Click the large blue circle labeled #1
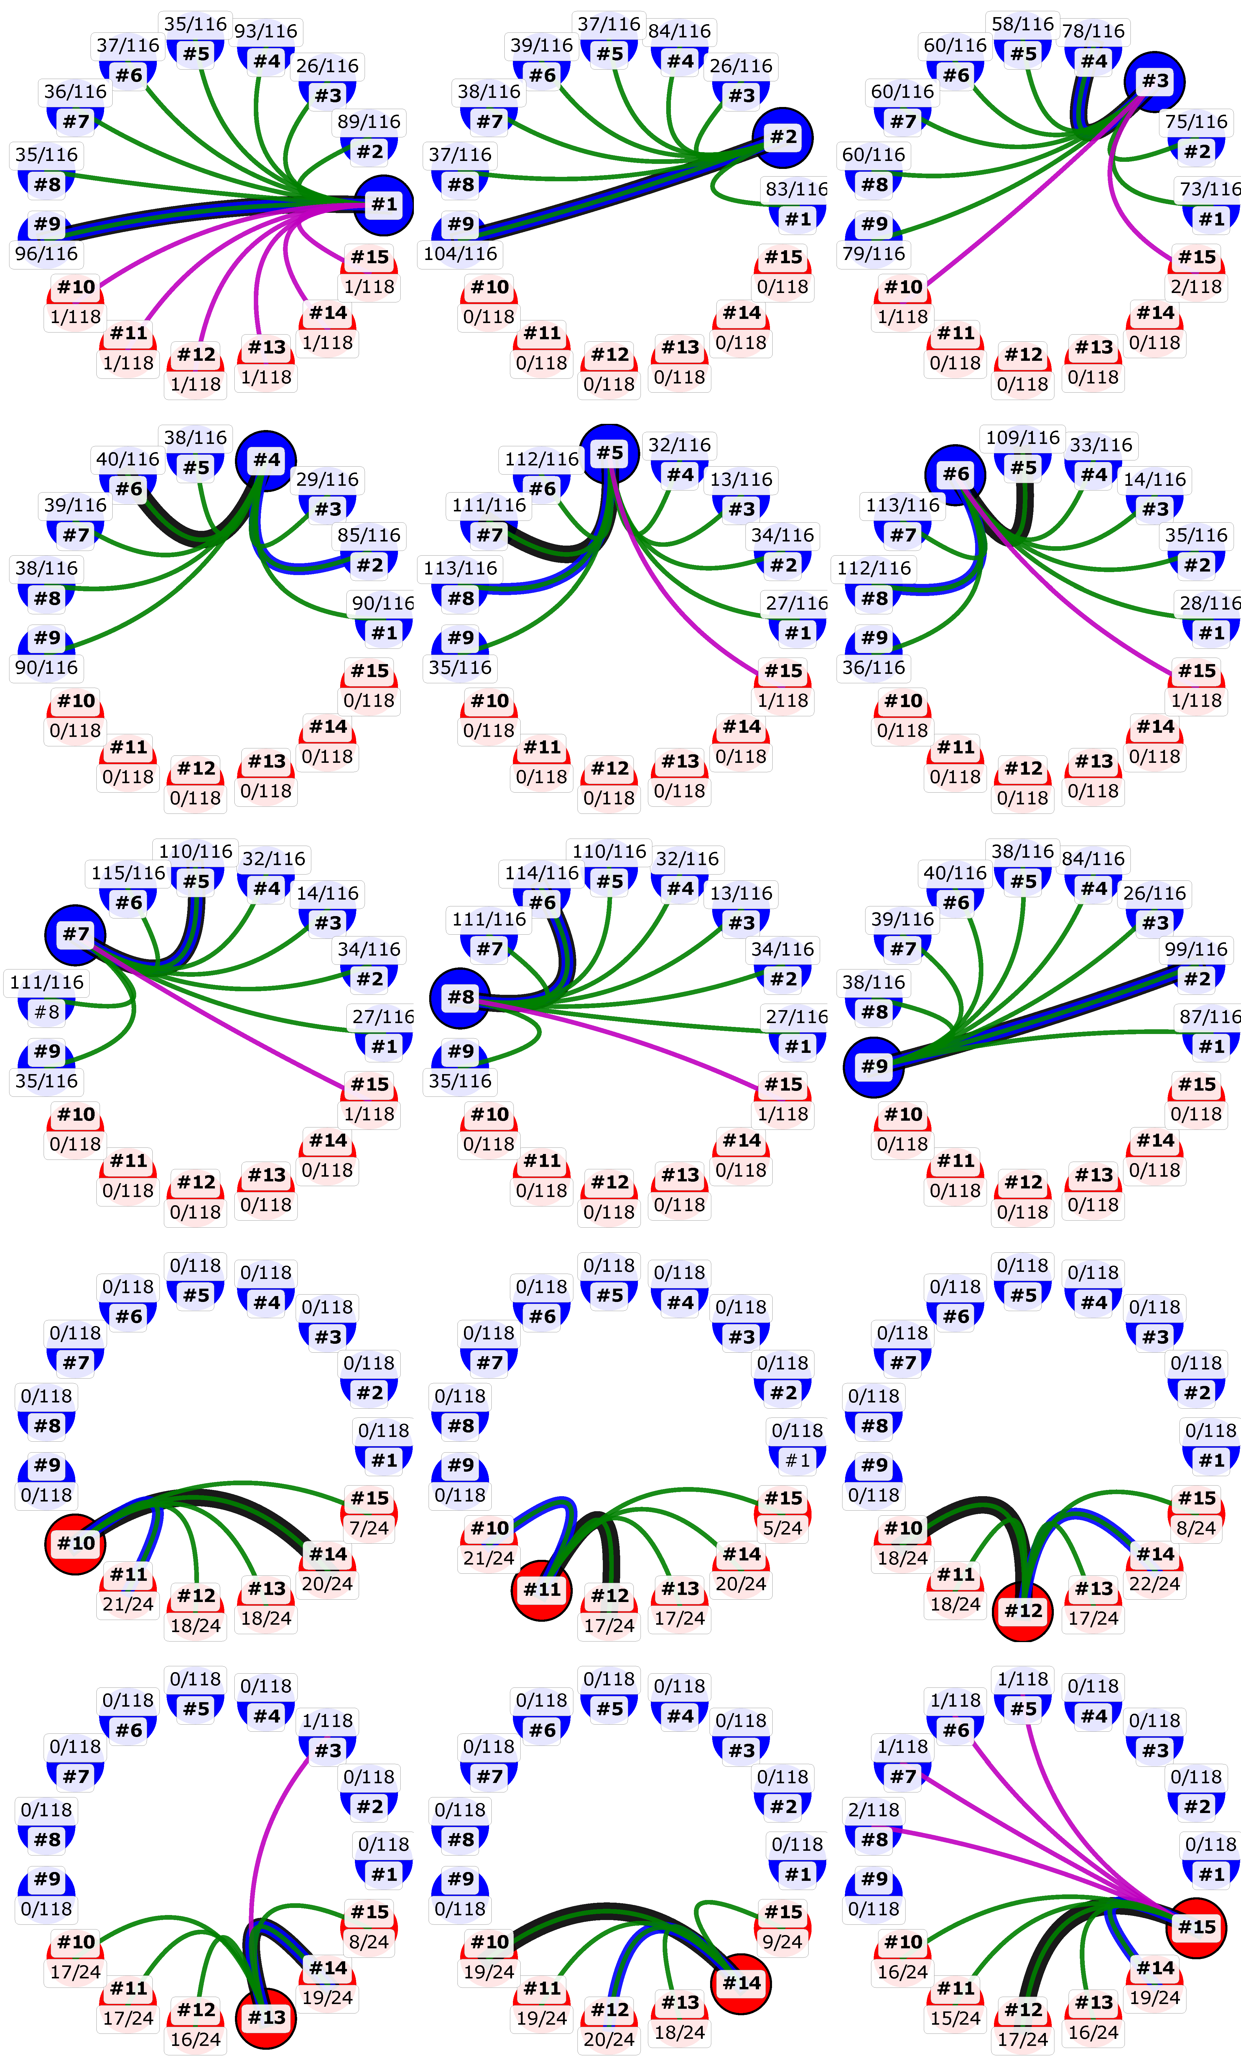(384, 205)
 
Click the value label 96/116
(47, 254)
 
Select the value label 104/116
(461, 254)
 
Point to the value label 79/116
(874, 254)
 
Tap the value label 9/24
(782, 1942)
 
